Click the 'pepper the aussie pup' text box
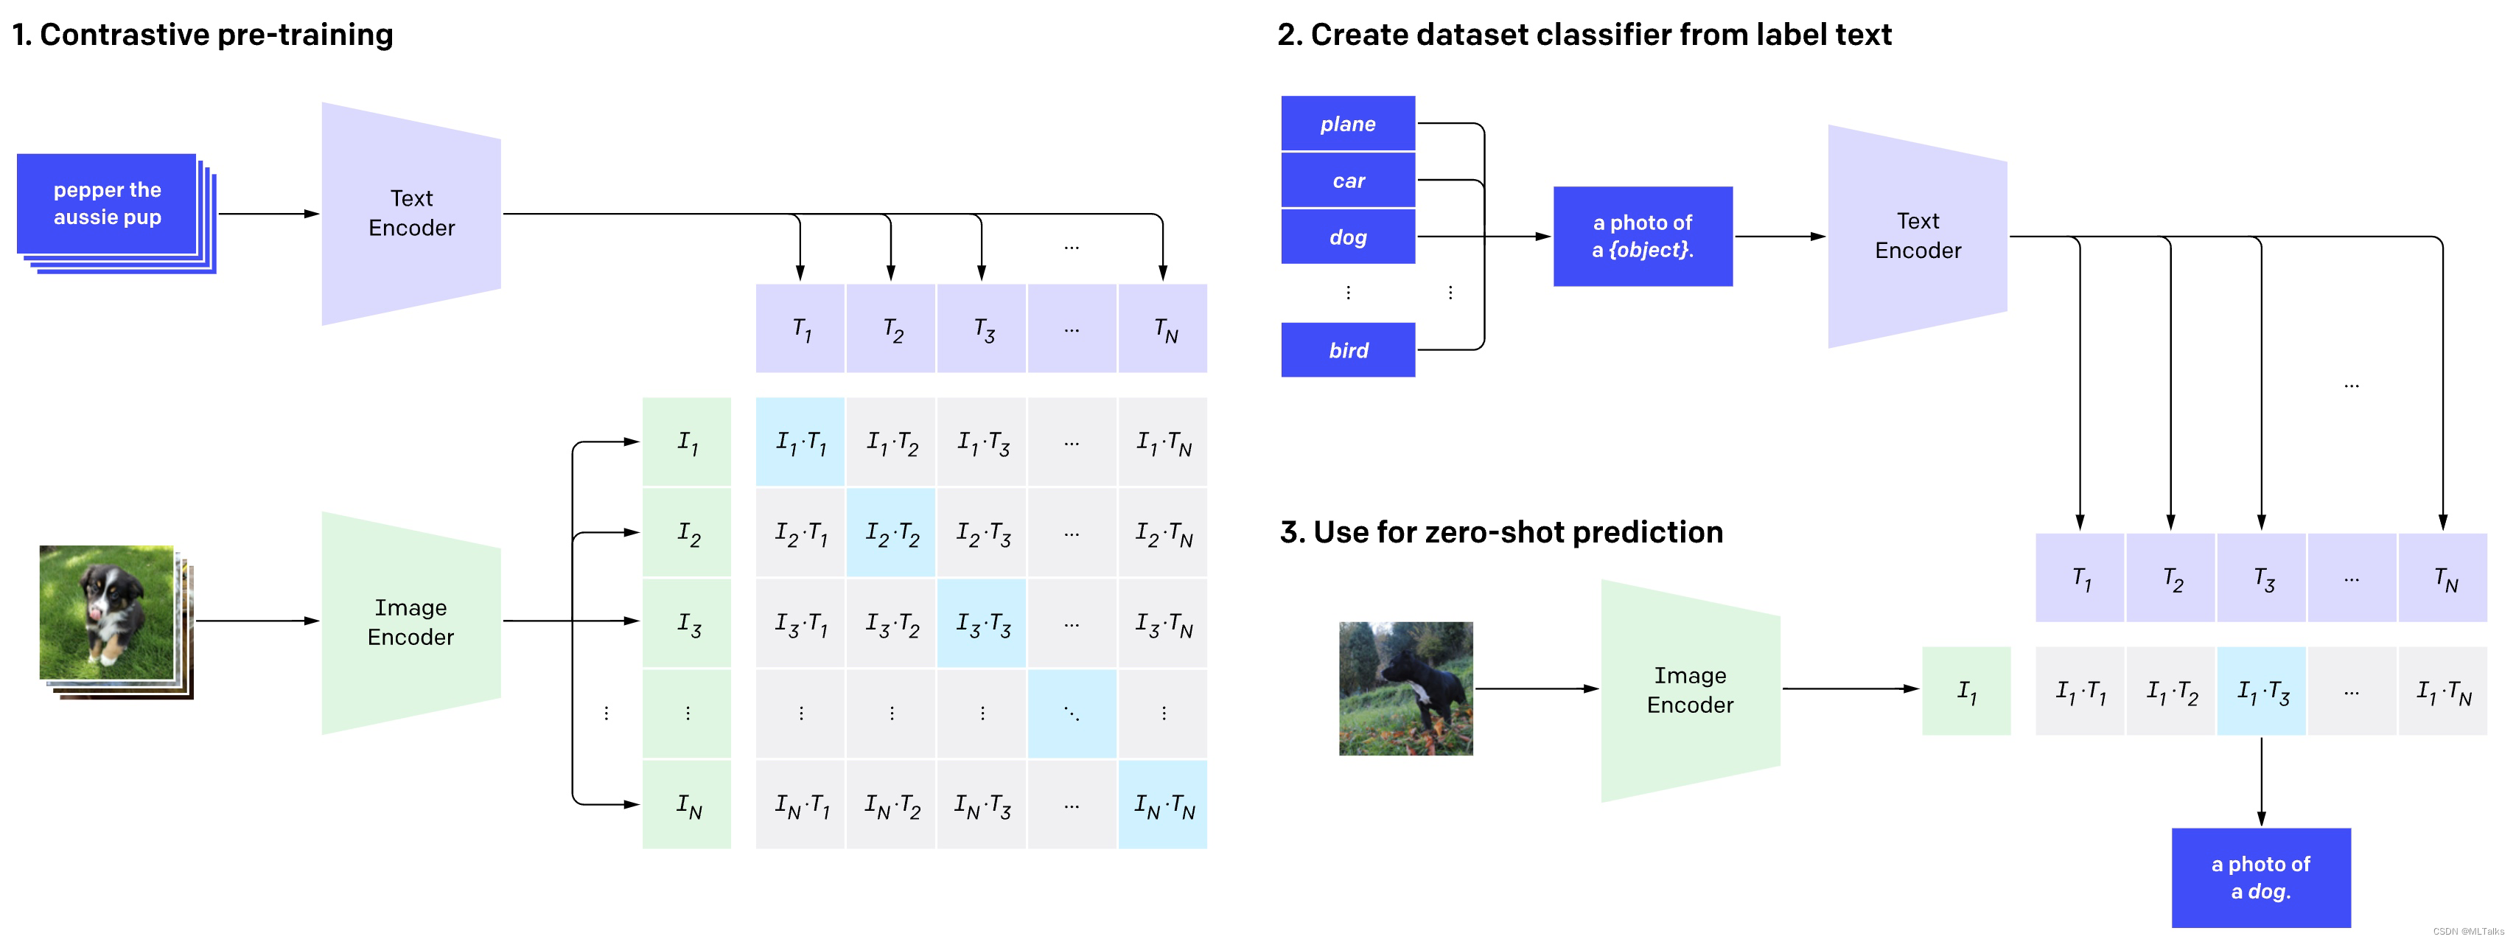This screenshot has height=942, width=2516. pos(108,203)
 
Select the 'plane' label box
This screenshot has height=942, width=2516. pos(1347,124)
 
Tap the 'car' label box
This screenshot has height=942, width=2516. pos(1347,181)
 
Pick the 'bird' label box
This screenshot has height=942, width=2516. pos(1347,350)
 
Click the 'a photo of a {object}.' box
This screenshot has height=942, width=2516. pos(1642,237)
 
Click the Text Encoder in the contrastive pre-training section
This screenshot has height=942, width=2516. pos(411,213)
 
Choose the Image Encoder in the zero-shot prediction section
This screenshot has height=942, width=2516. pos(1690,690)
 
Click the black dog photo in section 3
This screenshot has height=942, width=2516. pos(1405,688)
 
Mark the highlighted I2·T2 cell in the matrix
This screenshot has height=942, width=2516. pos(891,533)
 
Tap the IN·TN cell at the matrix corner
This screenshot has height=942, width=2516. pos(1162,804)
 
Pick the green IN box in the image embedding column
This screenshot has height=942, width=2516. pos(687,804)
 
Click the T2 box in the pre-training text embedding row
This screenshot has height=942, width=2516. pos(891,328)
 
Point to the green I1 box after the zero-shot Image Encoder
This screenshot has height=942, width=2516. pos(1965,691)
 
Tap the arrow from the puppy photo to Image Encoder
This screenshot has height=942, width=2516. pos(256,621)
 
